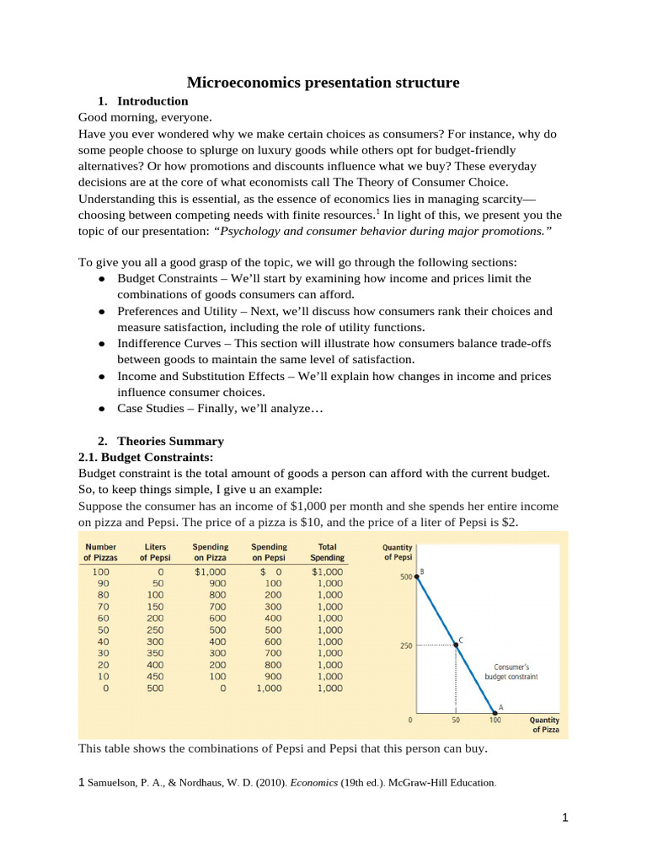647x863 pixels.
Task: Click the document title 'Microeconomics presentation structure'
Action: (x=323, y=83)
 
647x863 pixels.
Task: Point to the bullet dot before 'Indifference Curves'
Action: (x=102, y=344)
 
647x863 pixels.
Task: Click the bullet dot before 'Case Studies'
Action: (x=102, y=409)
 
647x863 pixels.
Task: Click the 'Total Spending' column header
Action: (x=327, y=552)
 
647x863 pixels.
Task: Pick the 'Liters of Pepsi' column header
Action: (x=156, y=552)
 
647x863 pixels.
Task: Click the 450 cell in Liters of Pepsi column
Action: (x=156, y=677)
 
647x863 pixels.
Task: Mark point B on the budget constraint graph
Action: (x=417, y=576)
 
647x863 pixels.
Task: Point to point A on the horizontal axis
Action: (x=495, y=713)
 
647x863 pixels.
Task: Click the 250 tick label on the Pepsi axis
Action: (x=405, y=646)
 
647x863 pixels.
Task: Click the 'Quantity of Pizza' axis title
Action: (x=543, y=726)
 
